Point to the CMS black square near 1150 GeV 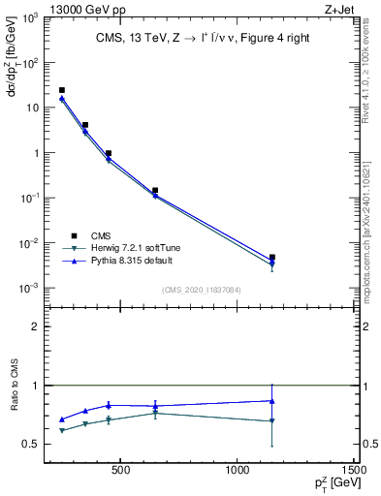tap(272, 258)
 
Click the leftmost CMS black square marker tap(62, 90)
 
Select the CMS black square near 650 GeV tap(155, 191)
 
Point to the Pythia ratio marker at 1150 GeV tap(272, 400)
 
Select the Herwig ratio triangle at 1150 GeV tap(272, 421)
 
